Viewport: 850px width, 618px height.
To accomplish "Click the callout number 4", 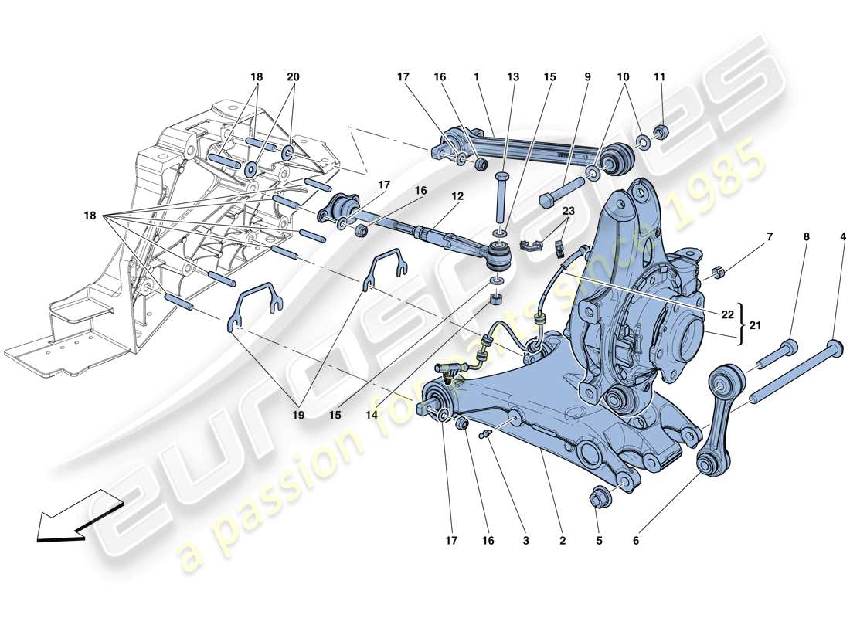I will click(842, 238).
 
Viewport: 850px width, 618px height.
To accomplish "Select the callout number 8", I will click(806, 238).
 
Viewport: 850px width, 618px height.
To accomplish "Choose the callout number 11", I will click(659, 77).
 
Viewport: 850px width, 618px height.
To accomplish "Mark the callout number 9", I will click(587, 77).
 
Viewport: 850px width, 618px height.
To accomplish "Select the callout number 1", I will click(477, 77).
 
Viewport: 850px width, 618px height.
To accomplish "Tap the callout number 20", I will click(293, 77).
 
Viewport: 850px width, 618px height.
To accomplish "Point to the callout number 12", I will click(458, 196).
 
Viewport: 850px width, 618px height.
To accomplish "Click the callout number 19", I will click(298, 415).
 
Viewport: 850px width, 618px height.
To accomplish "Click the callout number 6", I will click(636, 542).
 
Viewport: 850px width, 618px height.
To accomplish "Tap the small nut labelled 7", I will click(718, 271).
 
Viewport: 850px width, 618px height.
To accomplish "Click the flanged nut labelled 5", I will click(600, 497).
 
